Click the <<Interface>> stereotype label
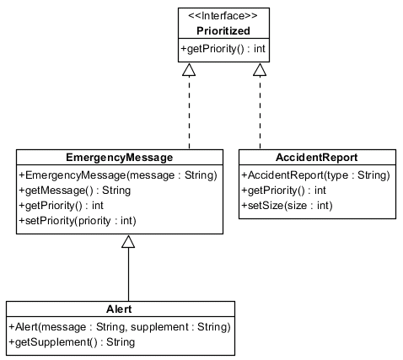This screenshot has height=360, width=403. point(223,14)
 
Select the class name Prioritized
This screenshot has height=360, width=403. point(223,30)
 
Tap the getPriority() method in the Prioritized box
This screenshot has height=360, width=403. point(223,49)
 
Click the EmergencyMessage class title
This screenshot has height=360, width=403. point(119,158)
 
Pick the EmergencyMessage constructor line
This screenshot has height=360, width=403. point(117,175)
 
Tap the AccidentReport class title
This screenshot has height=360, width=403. point(317,158)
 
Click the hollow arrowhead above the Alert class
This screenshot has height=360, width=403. point(127,242)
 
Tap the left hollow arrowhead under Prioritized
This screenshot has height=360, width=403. point(189,71)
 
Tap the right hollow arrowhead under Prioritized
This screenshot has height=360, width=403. point(260,71)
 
